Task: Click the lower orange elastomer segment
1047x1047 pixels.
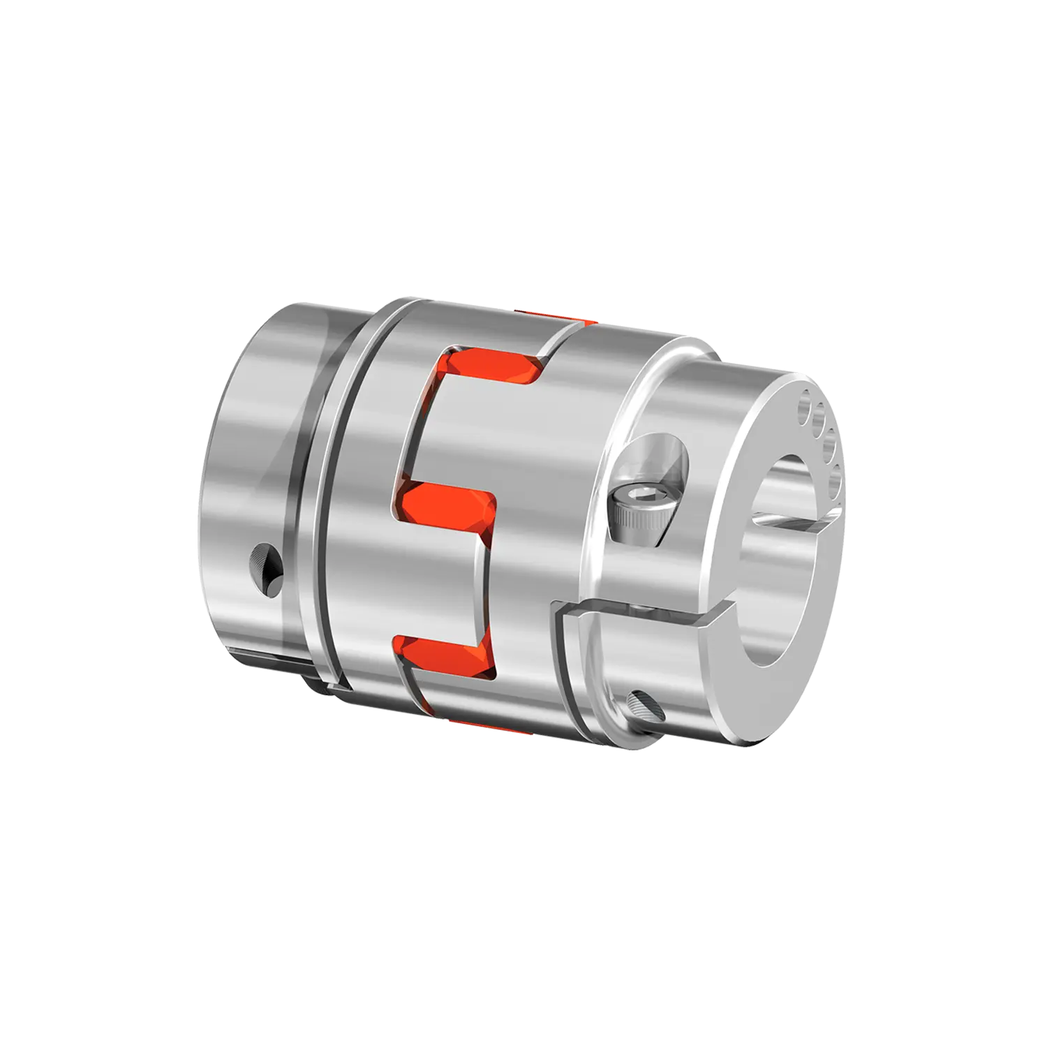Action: coord(447,652)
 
